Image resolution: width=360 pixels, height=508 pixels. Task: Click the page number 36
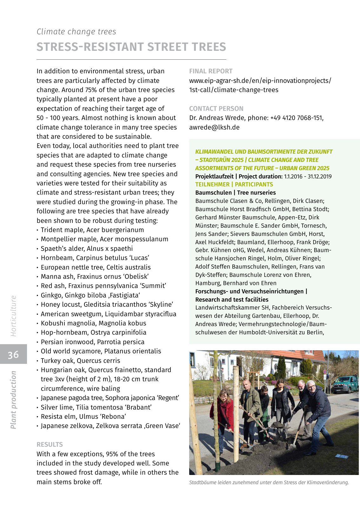coord(13,354)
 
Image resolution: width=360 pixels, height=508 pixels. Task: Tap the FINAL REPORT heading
coord(211,71)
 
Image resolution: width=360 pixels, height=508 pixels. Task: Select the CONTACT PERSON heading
coord(216,109)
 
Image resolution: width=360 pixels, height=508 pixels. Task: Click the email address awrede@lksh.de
coord(214,127)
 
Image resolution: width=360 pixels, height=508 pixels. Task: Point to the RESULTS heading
coord(50,444)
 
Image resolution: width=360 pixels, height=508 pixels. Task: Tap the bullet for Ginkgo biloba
coord(38,296)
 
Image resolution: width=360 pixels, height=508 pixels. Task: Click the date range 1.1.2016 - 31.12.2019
coord(308,177)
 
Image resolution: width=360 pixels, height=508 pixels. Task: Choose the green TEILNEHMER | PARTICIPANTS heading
coord(234,184)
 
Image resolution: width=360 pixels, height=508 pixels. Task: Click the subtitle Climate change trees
coord(76,32)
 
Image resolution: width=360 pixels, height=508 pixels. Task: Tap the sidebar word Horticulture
coord(13,316)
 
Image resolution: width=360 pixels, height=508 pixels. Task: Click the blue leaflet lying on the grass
coord(342,456)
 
